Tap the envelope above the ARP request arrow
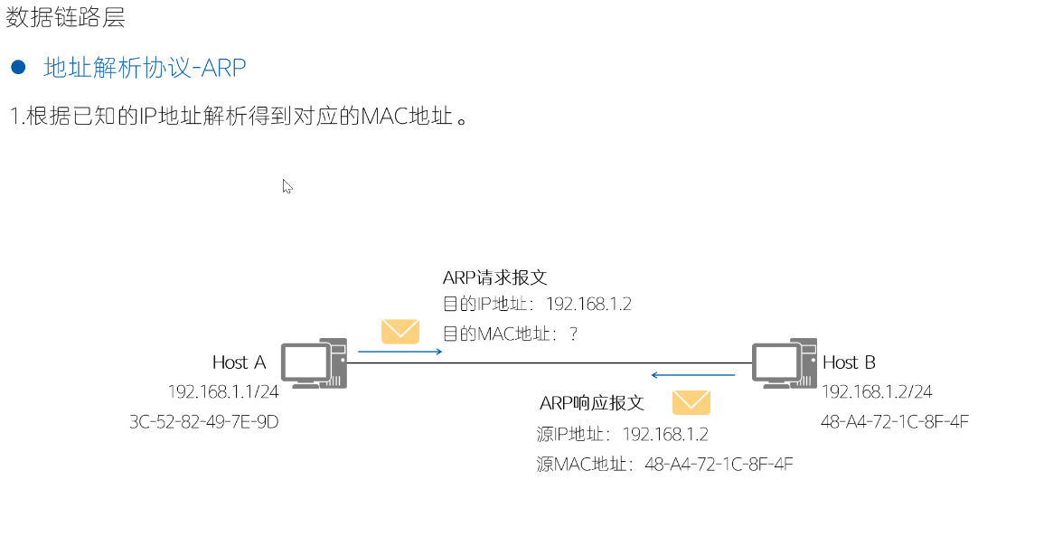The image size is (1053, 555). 400,332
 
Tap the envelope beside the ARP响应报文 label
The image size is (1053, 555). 691,402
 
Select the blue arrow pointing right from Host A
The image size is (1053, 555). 400,351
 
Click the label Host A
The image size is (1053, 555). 239,362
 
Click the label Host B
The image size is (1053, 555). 849,362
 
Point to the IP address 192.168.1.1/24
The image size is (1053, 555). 222,391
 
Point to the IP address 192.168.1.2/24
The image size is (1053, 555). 877,391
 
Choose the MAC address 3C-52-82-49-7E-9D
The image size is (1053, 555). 204,421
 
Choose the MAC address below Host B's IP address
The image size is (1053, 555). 895,421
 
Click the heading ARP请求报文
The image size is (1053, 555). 495,277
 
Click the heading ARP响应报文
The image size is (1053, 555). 591,402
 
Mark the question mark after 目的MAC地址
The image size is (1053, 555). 573,334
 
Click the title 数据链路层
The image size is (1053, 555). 65,17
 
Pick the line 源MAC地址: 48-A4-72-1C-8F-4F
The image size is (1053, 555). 664,465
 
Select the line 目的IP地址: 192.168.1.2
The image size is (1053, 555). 537,305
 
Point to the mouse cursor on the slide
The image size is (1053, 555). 287,185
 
